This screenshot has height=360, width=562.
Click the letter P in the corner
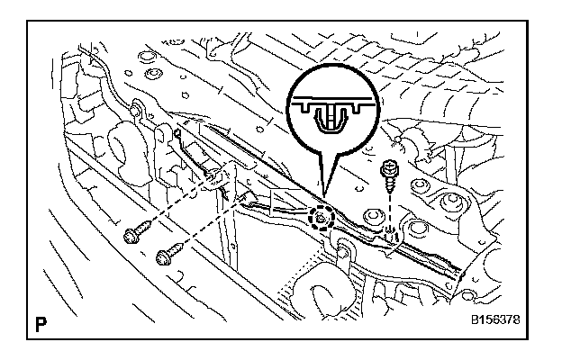coord(42,321)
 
